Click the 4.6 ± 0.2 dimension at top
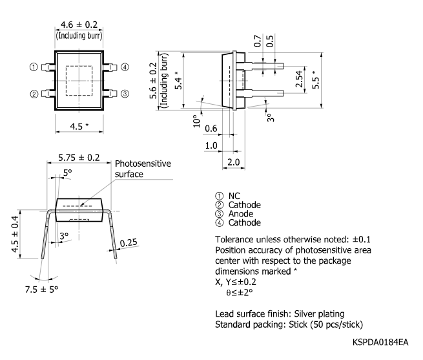pyautogui.click(x=78, y=25)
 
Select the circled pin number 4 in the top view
pyautogui.click(x=125, y=67)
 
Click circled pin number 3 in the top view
pyautogui.click(x=125, y=94)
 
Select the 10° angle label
pyautogui.click(x=194, y=121)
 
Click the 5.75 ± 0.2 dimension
pyautogui.click(x=79, y=157)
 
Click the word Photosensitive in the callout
pyautogui.click(x=143, y=164)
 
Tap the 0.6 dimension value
pyautogui.click(x=211, y=128)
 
